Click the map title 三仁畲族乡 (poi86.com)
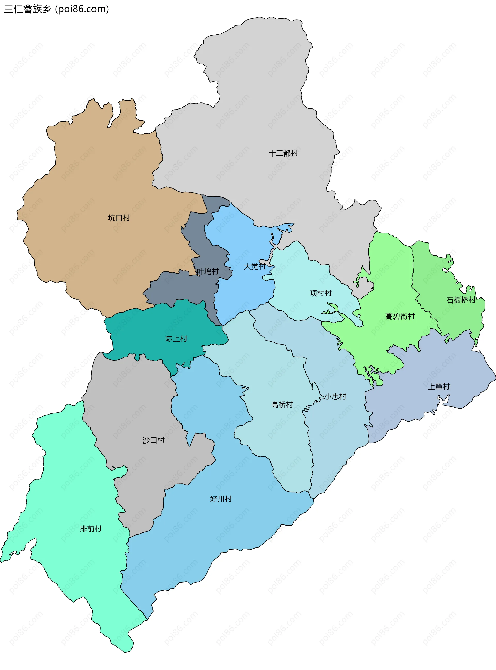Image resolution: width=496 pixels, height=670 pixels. [x=56, y=9]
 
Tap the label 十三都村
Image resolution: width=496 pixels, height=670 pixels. [x=283, y=153]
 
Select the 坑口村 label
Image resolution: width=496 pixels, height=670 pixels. [x=119, y=218]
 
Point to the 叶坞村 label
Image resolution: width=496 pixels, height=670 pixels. [x=207, y=271]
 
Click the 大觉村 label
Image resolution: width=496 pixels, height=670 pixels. [x=254, y=266]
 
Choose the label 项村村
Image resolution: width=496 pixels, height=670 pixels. [x=321, y=293]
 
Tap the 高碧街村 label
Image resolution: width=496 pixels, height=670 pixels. [x=400, y=316]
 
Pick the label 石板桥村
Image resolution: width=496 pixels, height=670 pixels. [x=461, y=300]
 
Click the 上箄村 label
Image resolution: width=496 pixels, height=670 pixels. [x=439, y=386]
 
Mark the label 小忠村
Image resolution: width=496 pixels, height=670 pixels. [x=336, y=396]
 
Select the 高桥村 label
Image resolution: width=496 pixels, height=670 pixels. [x=282, y=405]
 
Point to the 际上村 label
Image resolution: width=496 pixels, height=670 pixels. [x=176, y=339]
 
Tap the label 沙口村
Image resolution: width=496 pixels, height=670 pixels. [x=153, y=440]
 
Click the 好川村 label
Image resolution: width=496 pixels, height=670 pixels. [x=221, y=499]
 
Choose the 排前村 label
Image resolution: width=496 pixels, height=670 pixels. [x=91, y=529]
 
